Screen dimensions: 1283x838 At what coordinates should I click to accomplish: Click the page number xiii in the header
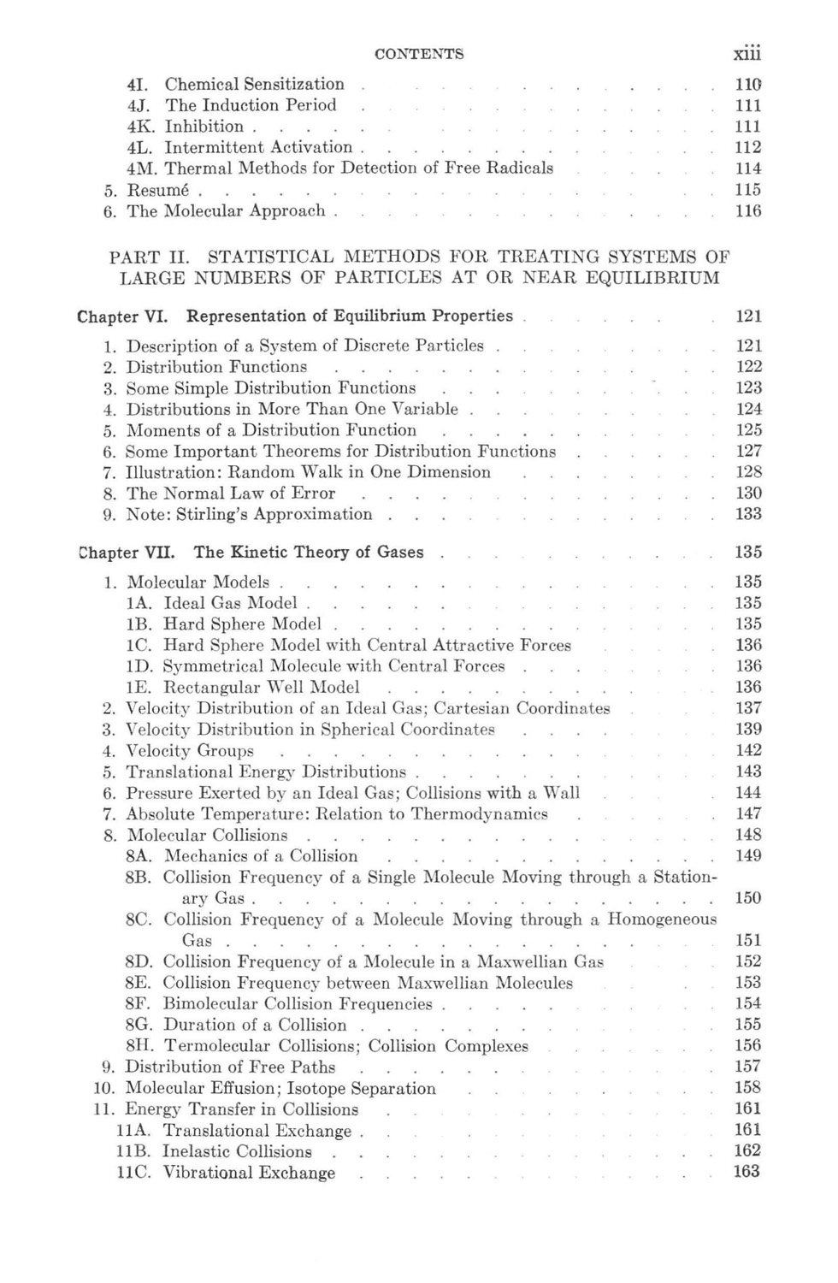(x=747, y=53)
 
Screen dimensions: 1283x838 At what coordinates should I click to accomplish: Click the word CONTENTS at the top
(x=419, y=54)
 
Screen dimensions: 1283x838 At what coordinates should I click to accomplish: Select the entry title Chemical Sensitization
(x=254, y=84)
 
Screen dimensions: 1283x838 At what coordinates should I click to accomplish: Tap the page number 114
(x=748, y=169)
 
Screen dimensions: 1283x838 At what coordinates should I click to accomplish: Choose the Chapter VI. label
(x=121, y=316)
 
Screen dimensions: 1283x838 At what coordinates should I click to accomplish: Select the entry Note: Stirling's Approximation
(x=249, y=514)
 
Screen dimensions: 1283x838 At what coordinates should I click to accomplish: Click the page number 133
(x=748, y=514)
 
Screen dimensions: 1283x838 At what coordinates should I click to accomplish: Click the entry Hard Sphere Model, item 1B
(x=242, y=624)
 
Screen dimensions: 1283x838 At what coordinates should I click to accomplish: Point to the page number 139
(x=748, y=729)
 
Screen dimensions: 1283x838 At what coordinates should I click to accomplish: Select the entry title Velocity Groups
(x=190, y=751)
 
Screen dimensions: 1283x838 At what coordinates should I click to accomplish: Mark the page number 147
(x=748, y=813)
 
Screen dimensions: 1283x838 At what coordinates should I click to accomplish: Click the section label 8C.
(x=138, y=919)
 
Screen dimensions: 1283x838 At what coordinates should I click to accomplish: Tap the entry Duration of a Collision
(x=255, y=1025)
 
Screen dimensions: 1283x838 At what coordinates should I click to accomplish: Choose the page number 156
(x=748, y=1045)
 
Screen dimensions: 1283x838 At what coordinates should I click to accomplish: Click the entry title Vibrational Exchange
(x=249, y=1173)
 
